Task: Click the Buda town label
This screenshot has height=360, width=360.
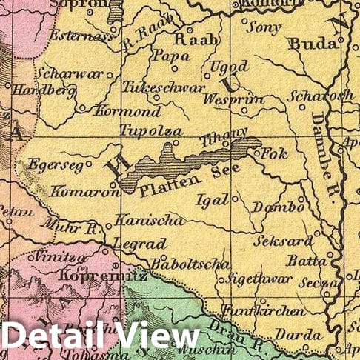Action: (313, 44)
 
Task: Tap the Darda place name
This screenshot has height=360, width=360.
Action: (299, 335)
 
